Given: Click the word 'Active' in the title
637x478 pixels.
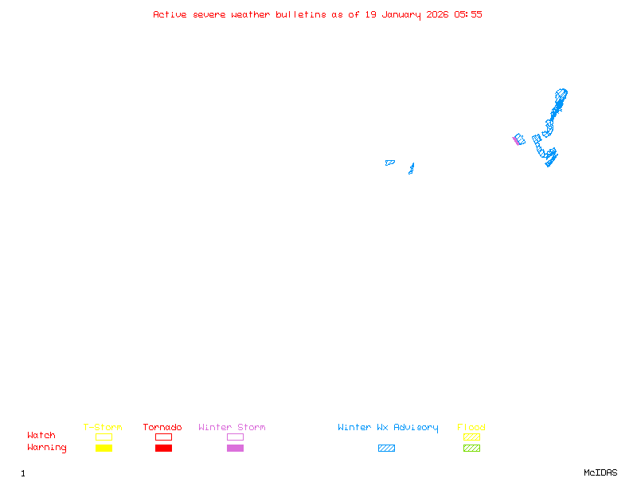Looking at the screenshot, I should pyautogui.click(x=170, y=14).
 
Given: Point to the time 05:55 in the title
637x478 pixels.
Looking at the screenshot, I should pyautogui.click(x=468, y=14).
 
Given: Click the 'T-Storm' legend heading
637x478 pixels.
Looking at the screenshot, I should pyautogui.click(x=103, y=427).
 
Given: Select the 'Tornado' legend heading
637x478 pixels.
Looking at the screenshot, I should pyautogui.click(x=162, y=427).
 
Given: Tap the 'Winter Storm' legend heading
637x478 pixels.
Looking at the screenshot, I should pyautogui.click(x=232, y=427).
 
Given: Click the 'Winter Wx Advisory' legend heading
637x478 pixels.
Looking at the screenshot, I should pyautogui.click(x=388, y=427).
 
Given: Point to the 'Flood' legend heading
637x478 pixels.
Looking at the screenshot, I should pyautogui.click(x=471, y=427).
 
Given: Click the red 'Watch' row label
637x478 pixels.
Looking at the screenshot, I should pyautogui.click(x=41, y=436).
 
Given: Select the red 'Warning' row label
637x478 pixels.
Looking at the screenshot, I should pyautogui.click(x=47, y=448).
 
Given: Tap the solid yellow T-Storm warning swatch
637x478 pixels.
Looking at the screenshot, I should pyautogui.click(x=104, y=448).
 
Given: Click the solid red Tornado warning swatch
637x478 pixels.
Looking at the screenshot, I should pyautogui.click(x=163, y=448).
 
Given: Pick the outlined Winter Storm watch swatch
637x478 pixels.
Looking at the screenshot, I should pyautogui.click(x=235, y=437).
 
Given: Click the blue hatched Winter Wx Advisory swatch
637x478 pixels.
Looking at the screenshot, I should pyautogui.click(x=386, y=448).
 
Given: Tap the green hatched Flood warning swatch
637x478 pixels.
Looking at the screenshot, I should pyautogui.click(x=471, y=448).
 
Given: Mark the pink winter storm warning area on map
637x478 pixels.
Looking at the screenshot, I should pyautogui.click(x=515, y=140).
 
